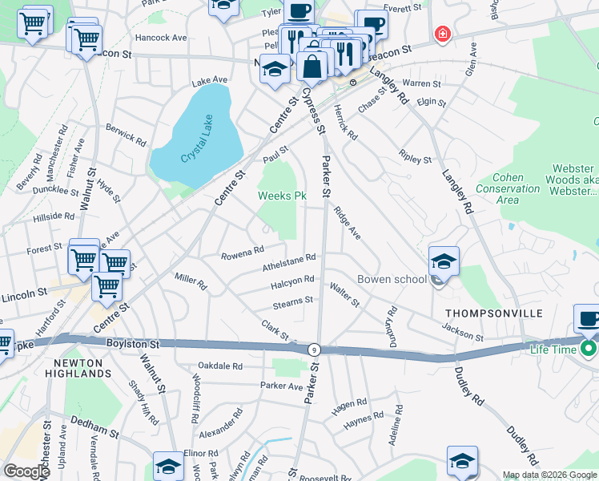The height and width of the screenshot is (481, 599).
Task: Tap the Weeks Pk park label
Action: pos(282,196)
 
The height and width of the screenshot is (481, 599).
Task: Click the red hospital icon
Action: pos(440,34)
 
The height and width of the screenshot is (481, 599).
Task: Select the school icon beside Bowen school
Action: pos(444,261)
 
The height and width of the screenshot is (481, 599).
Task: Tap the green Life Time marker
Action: pos(589,349)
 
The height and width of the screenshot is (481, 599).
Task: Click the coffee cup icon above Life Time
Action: pos(589,318)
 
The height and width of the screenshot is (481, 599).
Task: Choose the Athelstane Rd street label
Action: pos(289,263)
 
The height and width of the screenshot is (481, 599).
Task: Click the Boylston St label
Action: pos(133,342)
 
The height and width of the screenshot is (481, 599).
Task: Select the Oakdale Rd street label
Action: pos(220,366)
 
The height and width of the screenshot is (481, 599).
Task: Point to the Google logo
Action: pos(26,471)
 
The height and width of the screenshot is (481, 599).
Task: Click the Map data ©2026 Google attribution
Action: pos(549,475)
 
